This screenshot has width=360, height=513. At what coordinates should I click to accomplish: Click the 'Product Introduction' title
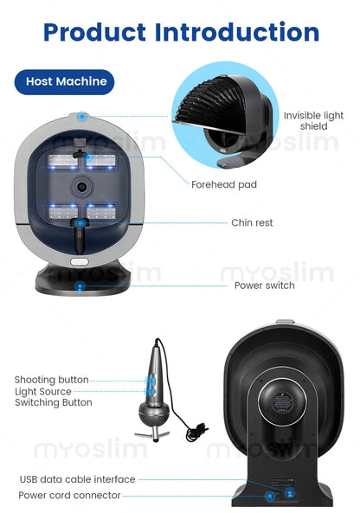180,32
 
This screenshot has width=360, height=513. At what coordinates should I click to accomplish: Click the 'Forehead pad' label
223,184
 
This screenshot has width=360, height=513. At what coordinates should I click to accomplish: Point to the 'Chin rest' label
252,223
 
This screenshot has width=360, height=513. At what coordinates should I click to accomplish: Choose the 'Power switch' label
264,285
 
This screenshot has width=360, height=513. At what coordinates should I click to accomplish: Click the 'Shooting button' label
51,380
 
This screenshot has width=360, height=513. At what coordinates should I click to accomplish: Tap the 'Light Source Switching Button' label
53,397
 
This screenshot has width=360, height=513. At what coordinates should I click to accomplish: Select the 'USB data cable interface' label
77,479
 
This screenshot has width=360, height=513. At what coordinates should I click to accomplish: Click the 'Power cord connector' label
69,496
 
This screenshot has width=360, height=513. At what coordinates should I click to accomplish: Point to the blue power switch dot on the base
80,285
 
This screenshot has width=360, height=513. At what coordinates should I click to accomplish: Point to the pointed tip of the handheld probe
157,343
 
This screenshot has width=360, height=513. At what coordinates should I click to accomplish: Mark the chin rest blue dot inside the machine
80,223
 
